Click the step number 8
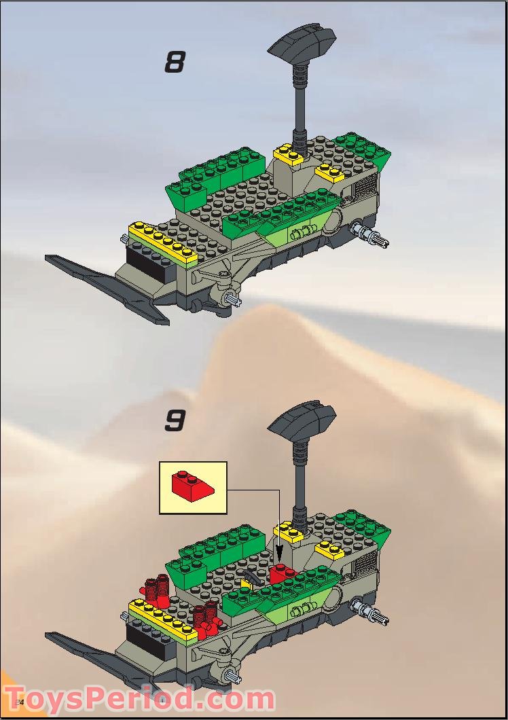[175, 63]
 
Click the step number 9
[175, 420]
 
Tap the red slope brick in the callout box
[191, 485]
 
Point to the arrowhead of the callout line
[279, 566]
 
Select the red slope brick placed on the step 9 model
[282, 575]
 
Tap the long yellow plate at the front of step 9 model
[163, 619]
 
